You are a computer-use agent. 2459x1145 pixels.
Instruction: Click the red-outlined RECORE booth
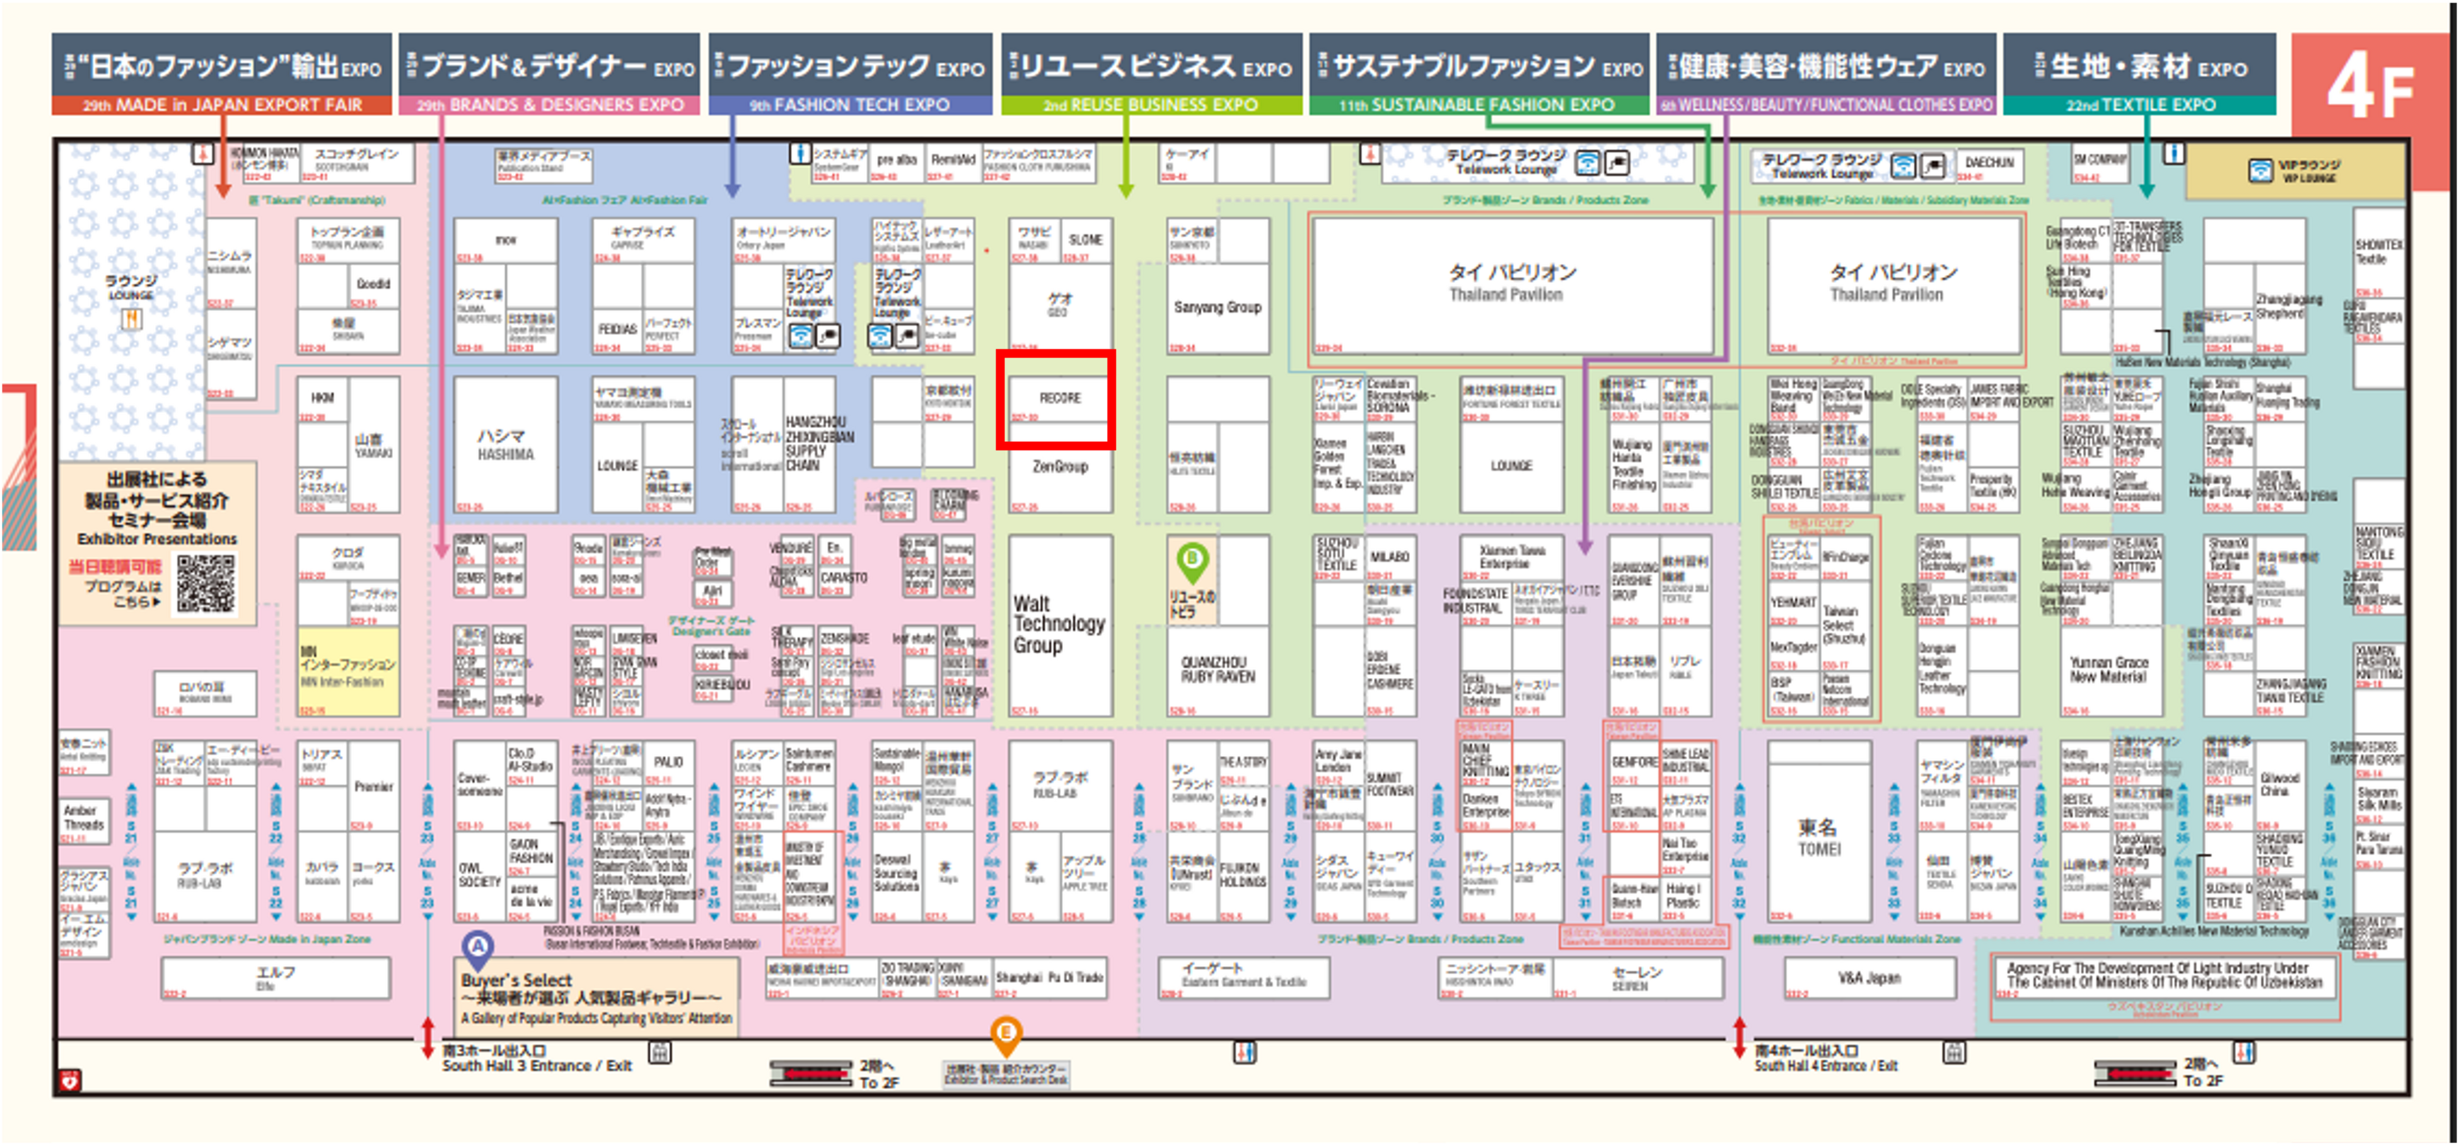click(x=1055, y=399)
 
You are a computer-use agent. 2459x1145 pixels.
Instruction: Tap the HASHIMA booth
click(x=505, y=445)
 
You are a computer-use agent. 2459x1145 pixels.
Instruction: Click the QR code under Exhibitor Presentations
click(x=206, y=583)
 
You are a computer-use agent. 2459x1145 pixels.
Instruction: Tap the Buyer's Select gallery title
click(x=516, y=980)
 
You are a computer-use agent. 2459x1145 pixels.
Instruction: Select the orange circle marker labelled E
click(x=1005, y=1032)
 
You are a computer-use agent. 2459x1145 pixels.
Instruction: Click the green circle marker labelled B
click(x=1191, y=558)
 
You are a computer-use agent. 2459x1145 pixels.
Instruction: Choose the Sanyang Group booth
click(x=1217, y=308)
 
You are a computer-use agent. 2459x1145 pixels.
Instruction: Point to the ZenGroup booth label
click(x=1060, y=466)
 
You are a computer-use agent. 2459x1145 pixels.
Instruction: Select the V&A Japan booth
click(x=1868, y=977)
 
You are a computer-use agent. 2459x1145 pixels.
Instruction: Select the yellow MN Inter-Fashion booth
click(x=347, y=670)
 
